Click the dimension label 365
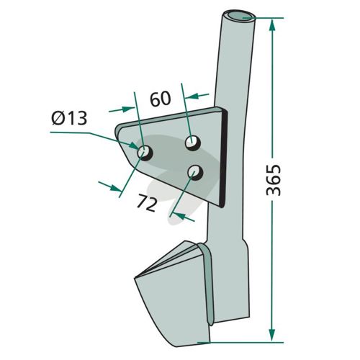[x=274, y=180]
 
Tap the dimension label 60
[x=161, y=99]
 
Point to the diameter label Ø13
[x=69, y=118]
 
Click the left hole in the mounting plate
[x=145, y=153]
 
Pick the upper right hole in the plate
[x=193, y=143]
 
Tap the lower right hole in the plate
[x=195, y=172]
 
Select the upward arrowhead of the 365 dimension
[x=271, y=24]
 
